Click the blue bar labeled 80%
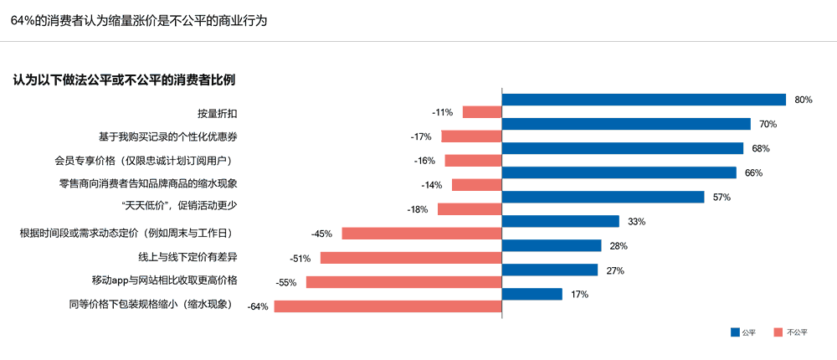(x=643, y=100)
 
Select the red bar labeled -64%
(x=388, y=306)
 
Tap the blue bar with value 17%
(x=531, y=294)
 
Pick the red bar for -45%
(x=421, y=234)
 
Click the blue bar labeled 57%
(x=603, y=197)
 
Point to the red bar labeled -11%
(x=481, y=112)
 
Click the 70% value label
(x=768, y=124)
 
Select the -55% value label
(x=287, y=282)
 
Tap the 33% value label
(x=636, y=221)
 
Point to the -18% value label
(x=418, y=209)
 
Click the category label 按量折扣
(x=216, y=112)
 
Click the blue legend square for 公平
(x=736, y=332)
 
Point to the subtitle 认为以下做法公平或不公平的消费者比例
(x=124, y=80)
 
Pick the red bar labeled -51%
(x=410, y=258)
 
